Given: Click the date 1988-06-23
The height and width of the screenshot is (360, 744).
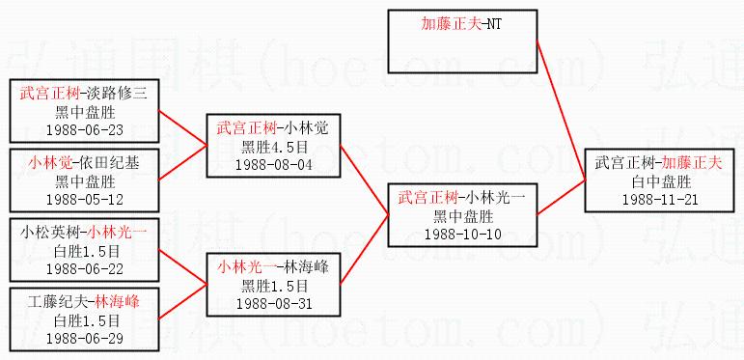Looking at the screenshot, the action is (85, 130).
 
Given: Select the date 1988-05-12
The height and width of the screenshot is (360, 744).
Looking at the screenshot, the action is (85, 200).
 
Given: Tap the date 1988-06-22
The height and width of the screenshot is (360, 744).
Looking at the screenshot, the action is (85, 269).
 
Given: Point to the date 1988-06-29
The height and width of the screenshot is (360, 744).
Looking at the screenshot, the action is (85, 339).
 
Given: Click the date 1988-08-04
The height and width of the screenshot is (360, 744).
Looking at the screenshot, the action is (274, 165).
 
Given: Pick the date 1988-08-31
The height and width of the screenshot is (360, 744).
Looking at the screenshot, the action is (274, 304).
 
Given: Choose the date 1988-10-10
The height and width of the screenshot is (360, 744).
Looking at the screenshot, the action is (462, 235).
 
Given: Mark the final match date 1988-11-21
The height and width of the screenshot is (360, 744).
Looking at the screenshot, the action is (660, 199).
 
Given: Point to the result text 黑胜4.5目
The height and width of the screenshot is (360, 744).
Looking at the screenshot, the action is (274, 147).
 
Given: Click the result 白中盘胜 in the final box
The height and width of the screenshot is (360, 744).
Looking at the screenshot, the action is (660, 181).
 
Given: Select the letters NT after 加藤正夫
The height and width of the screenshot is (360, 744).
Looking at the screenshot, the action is (494, 24).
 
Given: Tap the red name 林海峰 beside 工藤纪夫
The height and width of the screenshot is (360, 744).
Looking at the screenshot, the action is (117, 302).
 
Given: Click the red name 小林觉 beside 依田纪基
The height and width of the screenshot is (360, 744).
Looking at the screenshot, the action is (49, 164).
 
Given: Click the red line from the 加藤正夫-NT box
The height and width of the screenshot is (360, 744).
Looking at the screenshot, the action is (561, 111).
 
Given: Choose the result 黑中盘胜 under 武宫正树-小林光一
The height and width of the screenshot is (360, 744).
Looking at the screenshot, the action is (462, 217).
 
